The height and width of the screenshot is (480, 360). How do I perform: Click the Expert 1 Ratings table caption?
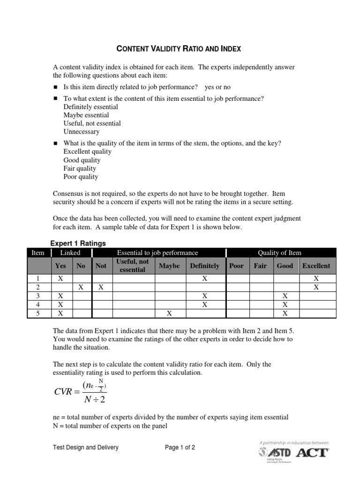[78, 243]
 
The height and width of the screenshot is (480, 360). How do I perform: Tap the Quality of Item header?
[279, 253]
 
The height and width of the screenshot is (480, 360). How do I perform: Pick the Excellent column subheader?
[316, 266]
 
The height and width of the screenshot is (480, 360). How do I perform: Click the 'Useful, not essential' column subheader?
[133, 266]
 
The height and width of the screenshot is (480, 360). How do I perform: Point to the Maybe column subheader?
[169, 266]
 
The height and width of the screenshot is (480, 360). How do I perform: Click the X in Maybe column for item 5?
[169, 314]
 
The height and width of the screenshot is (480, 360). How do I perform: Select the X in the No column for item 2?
[81, 287]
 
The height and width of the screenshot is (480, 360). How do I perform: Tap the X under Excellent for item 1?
[316, 278]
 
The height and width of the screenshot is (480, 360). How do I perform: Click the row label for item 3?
[37, 296]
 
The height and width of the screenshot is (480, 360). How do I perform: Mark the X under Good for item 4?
[285, 305]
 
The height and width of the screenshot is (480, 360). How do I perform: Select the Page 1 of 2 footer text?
[180, 448]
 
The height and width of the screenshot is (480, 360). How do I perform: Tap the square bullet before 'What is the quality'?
[55, 143]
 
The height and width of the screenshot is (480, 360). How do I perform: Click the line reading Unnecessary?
[82, 132]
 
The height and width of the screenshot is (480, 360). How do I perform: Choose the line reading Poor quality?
[81, 177]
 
